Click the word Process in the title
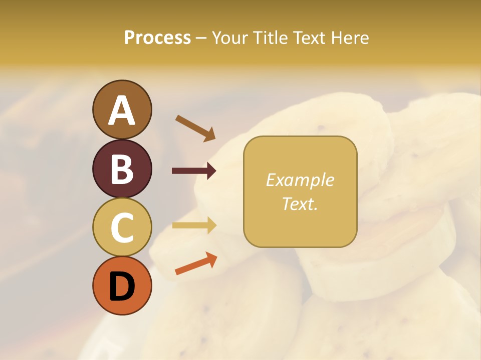tap(157, 37)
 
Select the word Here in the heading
tap(348, 37)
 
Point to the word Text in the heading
tap(308, 37)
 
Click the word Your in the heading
tap(230, 37)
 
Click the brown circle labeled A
tap(122, 109)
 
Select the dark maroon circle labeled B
tap(122, 168)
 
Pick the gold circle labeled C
tap(122, 227)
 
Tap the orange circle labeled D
tap(122, 286)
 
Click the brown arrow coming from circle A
tap(195, 127)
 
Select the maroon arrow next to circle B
tap(194, 171)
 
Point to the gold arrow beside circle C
tap(194, 225)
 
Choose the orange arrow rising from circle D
tap(196, 263)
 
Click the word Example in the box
tap(300, 180)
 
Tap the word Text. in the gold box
tap(300, 203)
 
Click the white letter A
tap(122, 110)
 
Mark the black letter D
tap(122, 287)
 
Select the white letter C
tap(122, 228)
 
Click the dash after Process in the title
tap(201, 38)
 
